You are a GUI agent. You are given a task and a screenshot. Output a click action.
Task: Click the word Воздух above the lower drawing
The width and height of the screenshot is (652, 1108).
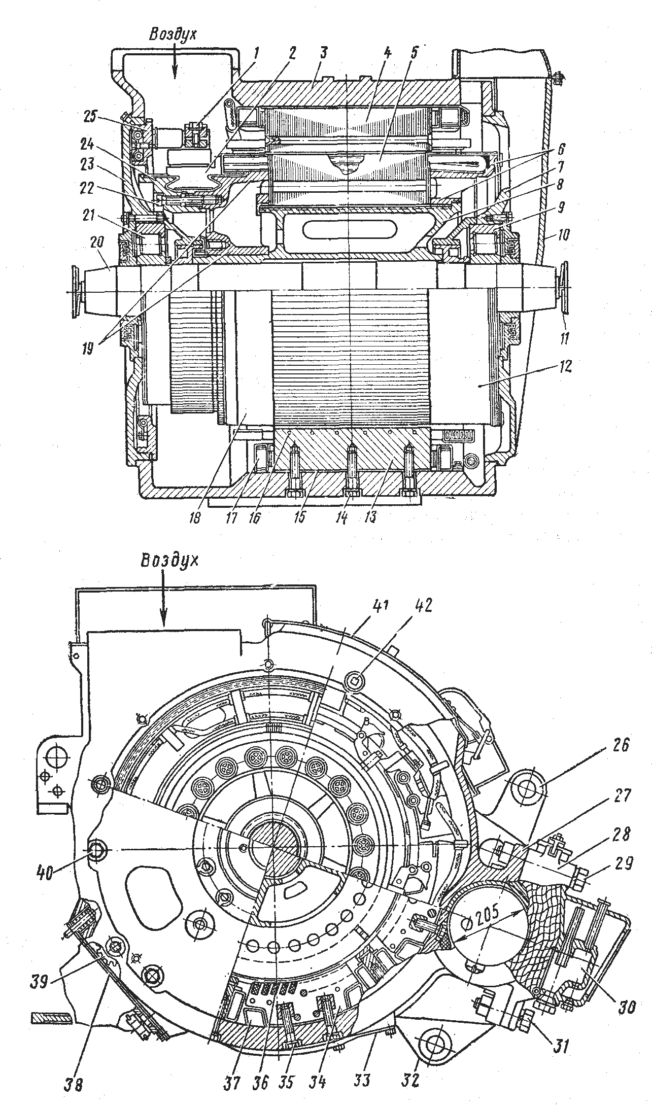(x=169, y=561)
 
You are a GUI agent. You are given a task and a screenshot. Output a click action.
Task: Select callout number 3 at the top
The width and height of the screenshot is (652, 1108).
(x=324, y=52)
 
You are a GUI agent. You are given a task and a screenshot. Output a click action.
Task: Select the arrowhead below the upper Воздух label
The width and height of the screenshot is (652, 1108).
(x=175, y=73)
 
